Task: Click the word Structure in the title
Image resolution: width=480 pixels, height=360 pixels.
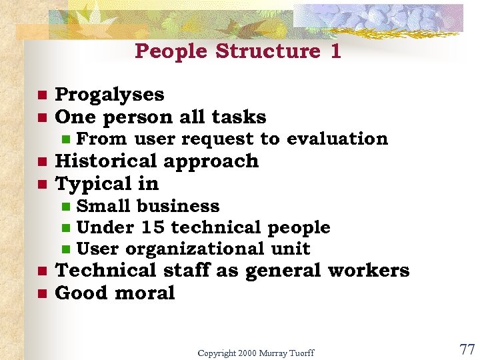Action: pyautogui.click(x=267, y=51)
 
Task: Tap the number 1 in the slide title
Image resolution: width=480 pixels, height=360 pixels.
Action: pyautogui.click(x=335, y=51)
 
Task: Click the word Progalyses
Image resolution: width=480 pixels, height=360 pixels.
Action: pyautogui.click(x=109, y=95)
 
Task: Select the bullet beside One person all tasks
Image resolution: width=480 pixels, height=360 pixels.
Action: pyautogui.click(x=41, y=118)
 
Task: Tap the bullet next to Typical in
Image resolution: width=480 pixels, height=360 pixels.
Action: pyautogui.click(x=41, y=185)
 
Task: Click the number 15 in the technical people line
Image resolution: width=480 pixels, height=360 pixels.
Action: pyautogui.click(x=153, y=227)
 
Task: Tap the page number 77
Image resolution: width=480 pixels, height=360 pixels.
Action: pyautogui.click(x=467, y=348)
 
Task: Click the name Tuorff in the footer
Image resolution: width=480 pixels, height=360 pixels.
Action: pyautogui.click(x=300, y=352)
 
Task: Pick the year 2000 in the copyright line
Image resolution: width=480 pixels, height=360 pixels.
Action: pyautogui.click(x=244, y=352)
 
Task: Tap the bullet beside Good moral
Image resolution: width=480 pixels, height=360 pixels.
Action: pyautogui.click(x=41, y=294)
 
